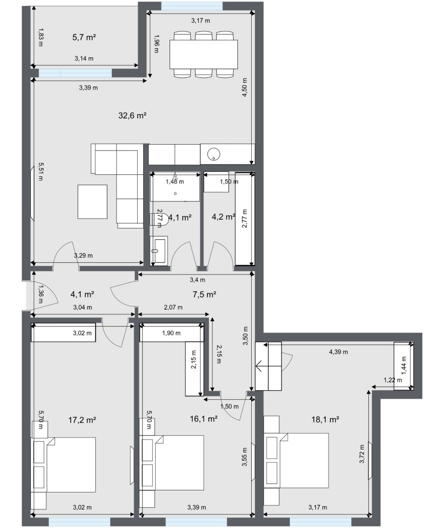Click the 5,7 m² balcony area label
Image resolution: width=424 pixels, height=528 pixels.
(84, 37)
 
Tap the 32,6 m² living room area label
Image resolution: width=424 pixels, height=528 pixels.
(132, 116)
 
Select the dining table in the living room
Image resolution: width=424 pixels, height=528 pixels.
(204, 54)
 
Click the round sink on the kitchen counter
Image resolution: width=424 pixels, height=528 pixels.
(214, 154)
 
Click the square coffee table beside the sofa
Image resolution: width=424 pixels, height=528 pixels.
(93, 201)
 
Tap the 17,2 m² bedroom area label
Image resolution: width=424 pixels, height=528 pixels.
(82, 420)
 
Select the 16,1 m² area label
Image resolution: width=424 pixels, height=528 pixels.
(204, 419)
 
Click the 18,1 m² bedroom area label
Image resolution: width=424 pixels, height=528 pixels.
(325, 419)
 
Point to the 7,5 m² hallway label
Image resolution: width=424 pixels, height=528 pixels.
(204, 294)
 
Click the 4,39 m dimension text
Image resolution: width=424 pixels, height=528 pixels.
(339, 352)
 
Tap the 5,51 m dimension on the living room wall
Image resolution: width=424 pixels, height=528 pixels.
(40, 172)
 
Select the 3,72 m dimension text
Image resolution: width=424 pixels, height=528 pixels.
(361, 454)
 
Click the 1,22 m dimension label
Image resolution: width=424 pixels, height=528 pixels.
(393, 380)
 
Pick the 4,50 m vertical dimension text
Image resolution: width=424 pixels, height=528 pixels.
(245, 87)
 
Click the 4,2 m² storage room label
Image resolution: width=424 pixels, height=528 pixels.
(223, 216)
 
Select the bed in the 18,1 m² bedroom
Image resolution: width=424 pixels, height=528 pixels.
(296, 461)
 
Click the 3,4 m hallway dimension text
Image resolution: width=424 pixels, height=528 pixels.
(197, 279)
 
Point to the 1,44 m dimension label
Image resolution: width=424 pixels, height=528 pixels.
(404, 365)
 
